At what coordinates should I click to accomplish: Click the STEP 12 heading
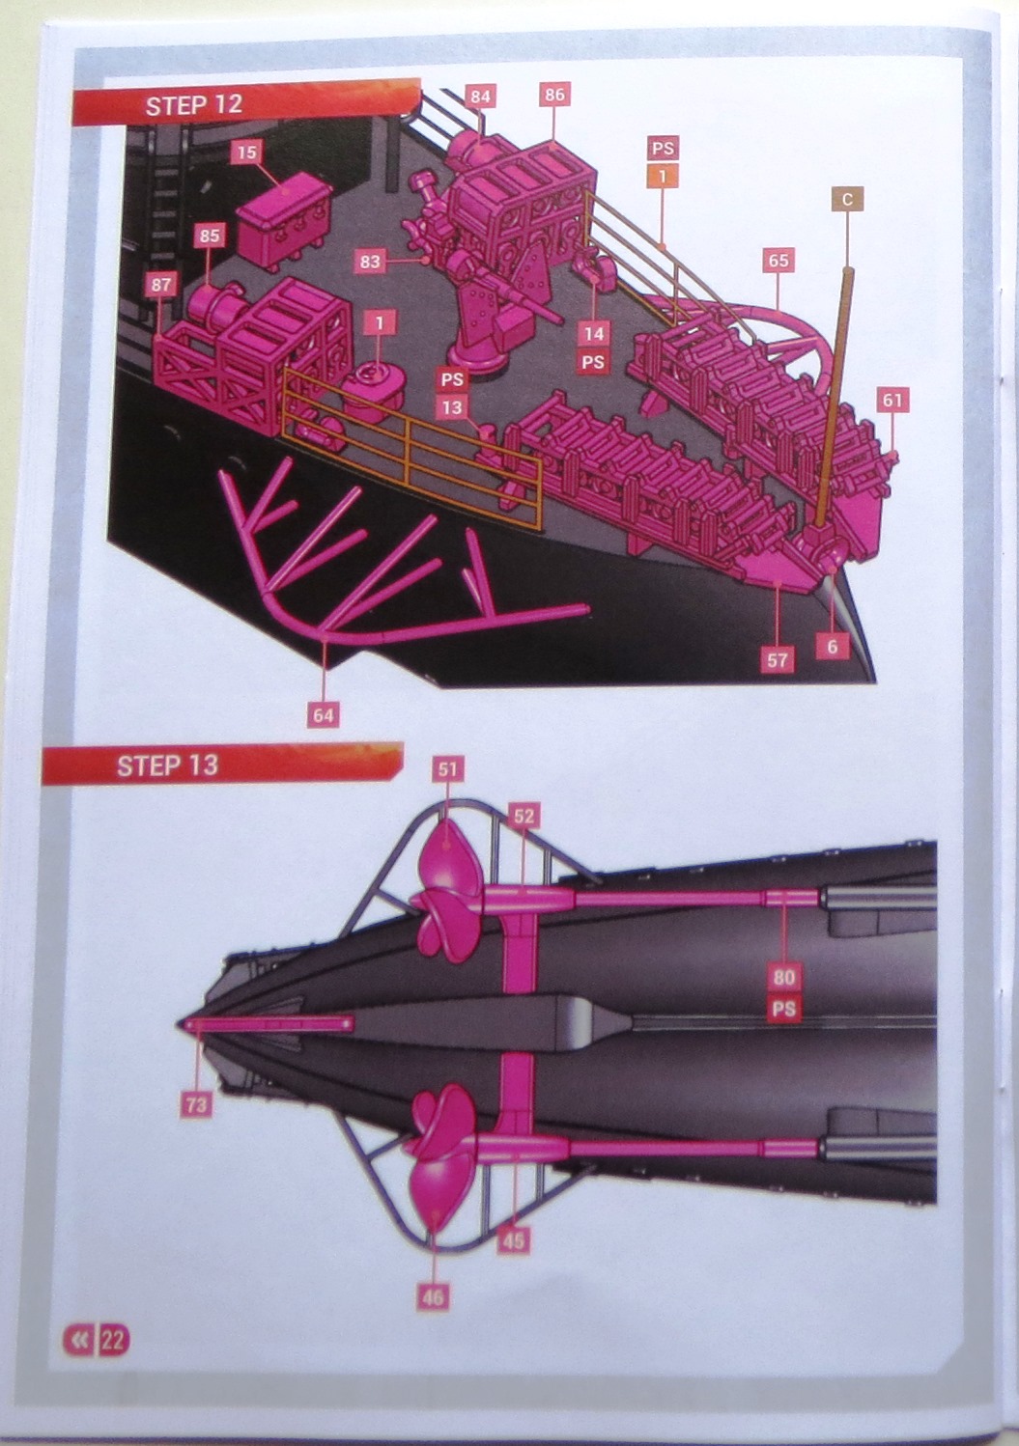pos(194,105)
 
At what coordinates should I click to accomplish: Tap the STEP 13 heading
pos(167,765)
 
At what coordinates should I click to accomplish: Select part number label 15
pos(246,153)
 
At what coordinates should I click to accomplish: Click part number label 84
pos(480,97)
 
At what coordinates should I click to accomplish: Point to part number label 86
pos(554,95)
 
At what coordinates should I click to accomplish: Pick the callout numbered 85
pos(210,236)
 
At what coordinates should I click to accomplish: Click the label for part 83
pos(369,262)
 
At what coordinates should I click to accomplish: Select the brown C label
pos(847,200)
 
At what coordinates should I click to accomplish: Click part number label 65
pos(778,261)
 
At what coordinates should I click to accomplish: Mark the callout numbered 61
pos(892,401)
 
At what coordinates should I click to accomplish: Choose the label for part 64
pos(324,715)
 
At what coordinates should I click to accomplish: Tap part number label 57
pos(778,659)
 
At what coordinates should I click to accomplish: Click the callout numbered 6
pos(832,646)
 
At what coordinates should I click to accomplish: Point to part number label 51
pos(448,768)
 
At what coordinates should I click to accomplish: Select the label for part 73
pos(196,1104)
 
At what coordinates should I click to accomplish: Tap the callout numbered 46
pos(433,1297)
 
